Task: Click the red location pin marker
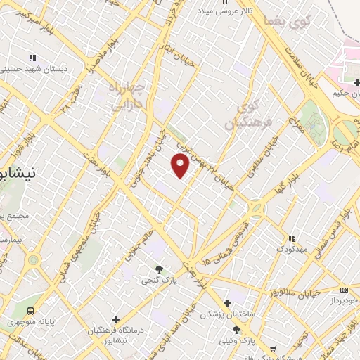tap(181, 166)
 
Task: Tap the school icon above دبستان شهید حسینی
tap(32, 58)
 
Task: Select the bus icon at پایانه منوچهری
tap(31, 311)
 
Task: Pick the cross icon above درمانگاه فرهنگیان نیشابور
tap(115, 319)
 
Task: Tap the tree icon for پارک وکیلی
tap(236, 330)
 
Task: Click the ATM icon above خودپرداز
tap(343, 290)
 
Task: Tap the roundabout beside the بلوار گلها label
tap(254, 209)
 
